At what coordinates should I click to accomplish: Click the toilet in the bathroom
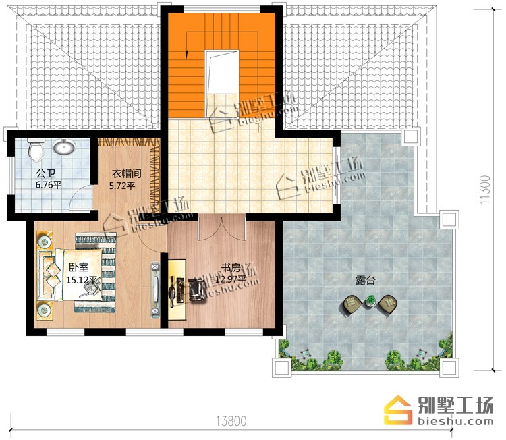click(x=36, y=149)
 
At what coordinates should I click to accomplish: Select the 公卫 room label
click(x=46, y=174)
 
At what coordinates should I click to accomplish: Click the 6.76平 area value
click(x=48, y=186)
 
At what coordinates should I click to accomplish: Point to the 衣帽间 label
click(x=127, y=174)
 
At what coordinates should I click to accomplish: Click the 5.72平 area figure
click(x=122, y=186)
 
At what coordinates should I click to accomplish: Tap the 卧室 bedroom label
click(x=79, y=268)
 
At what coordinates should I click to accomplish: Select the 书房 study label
click(x=231, y=268)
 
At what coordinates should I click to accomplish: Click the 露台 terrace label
click(x=365, y=280)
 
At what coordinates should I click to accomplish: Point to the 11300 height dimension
click(x=484, y=190)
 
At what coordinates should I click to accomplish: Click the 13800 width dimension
click(x=231, y=421)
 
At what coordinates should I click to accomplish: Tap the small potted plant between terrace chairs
click(x=370, y=301)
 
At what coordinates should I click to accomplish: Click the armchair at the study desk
click(x=196, y=290)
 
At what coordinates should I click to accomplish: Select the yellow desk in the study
click(x=177, y=290)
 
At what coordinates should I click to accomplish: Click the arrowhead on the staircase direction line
click(x=186, y=55)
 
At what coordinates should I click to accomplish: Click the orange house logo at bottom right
click(x=398, y=410)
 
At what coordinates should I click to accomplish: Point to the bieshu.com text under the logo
click(x=455, y=421)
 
